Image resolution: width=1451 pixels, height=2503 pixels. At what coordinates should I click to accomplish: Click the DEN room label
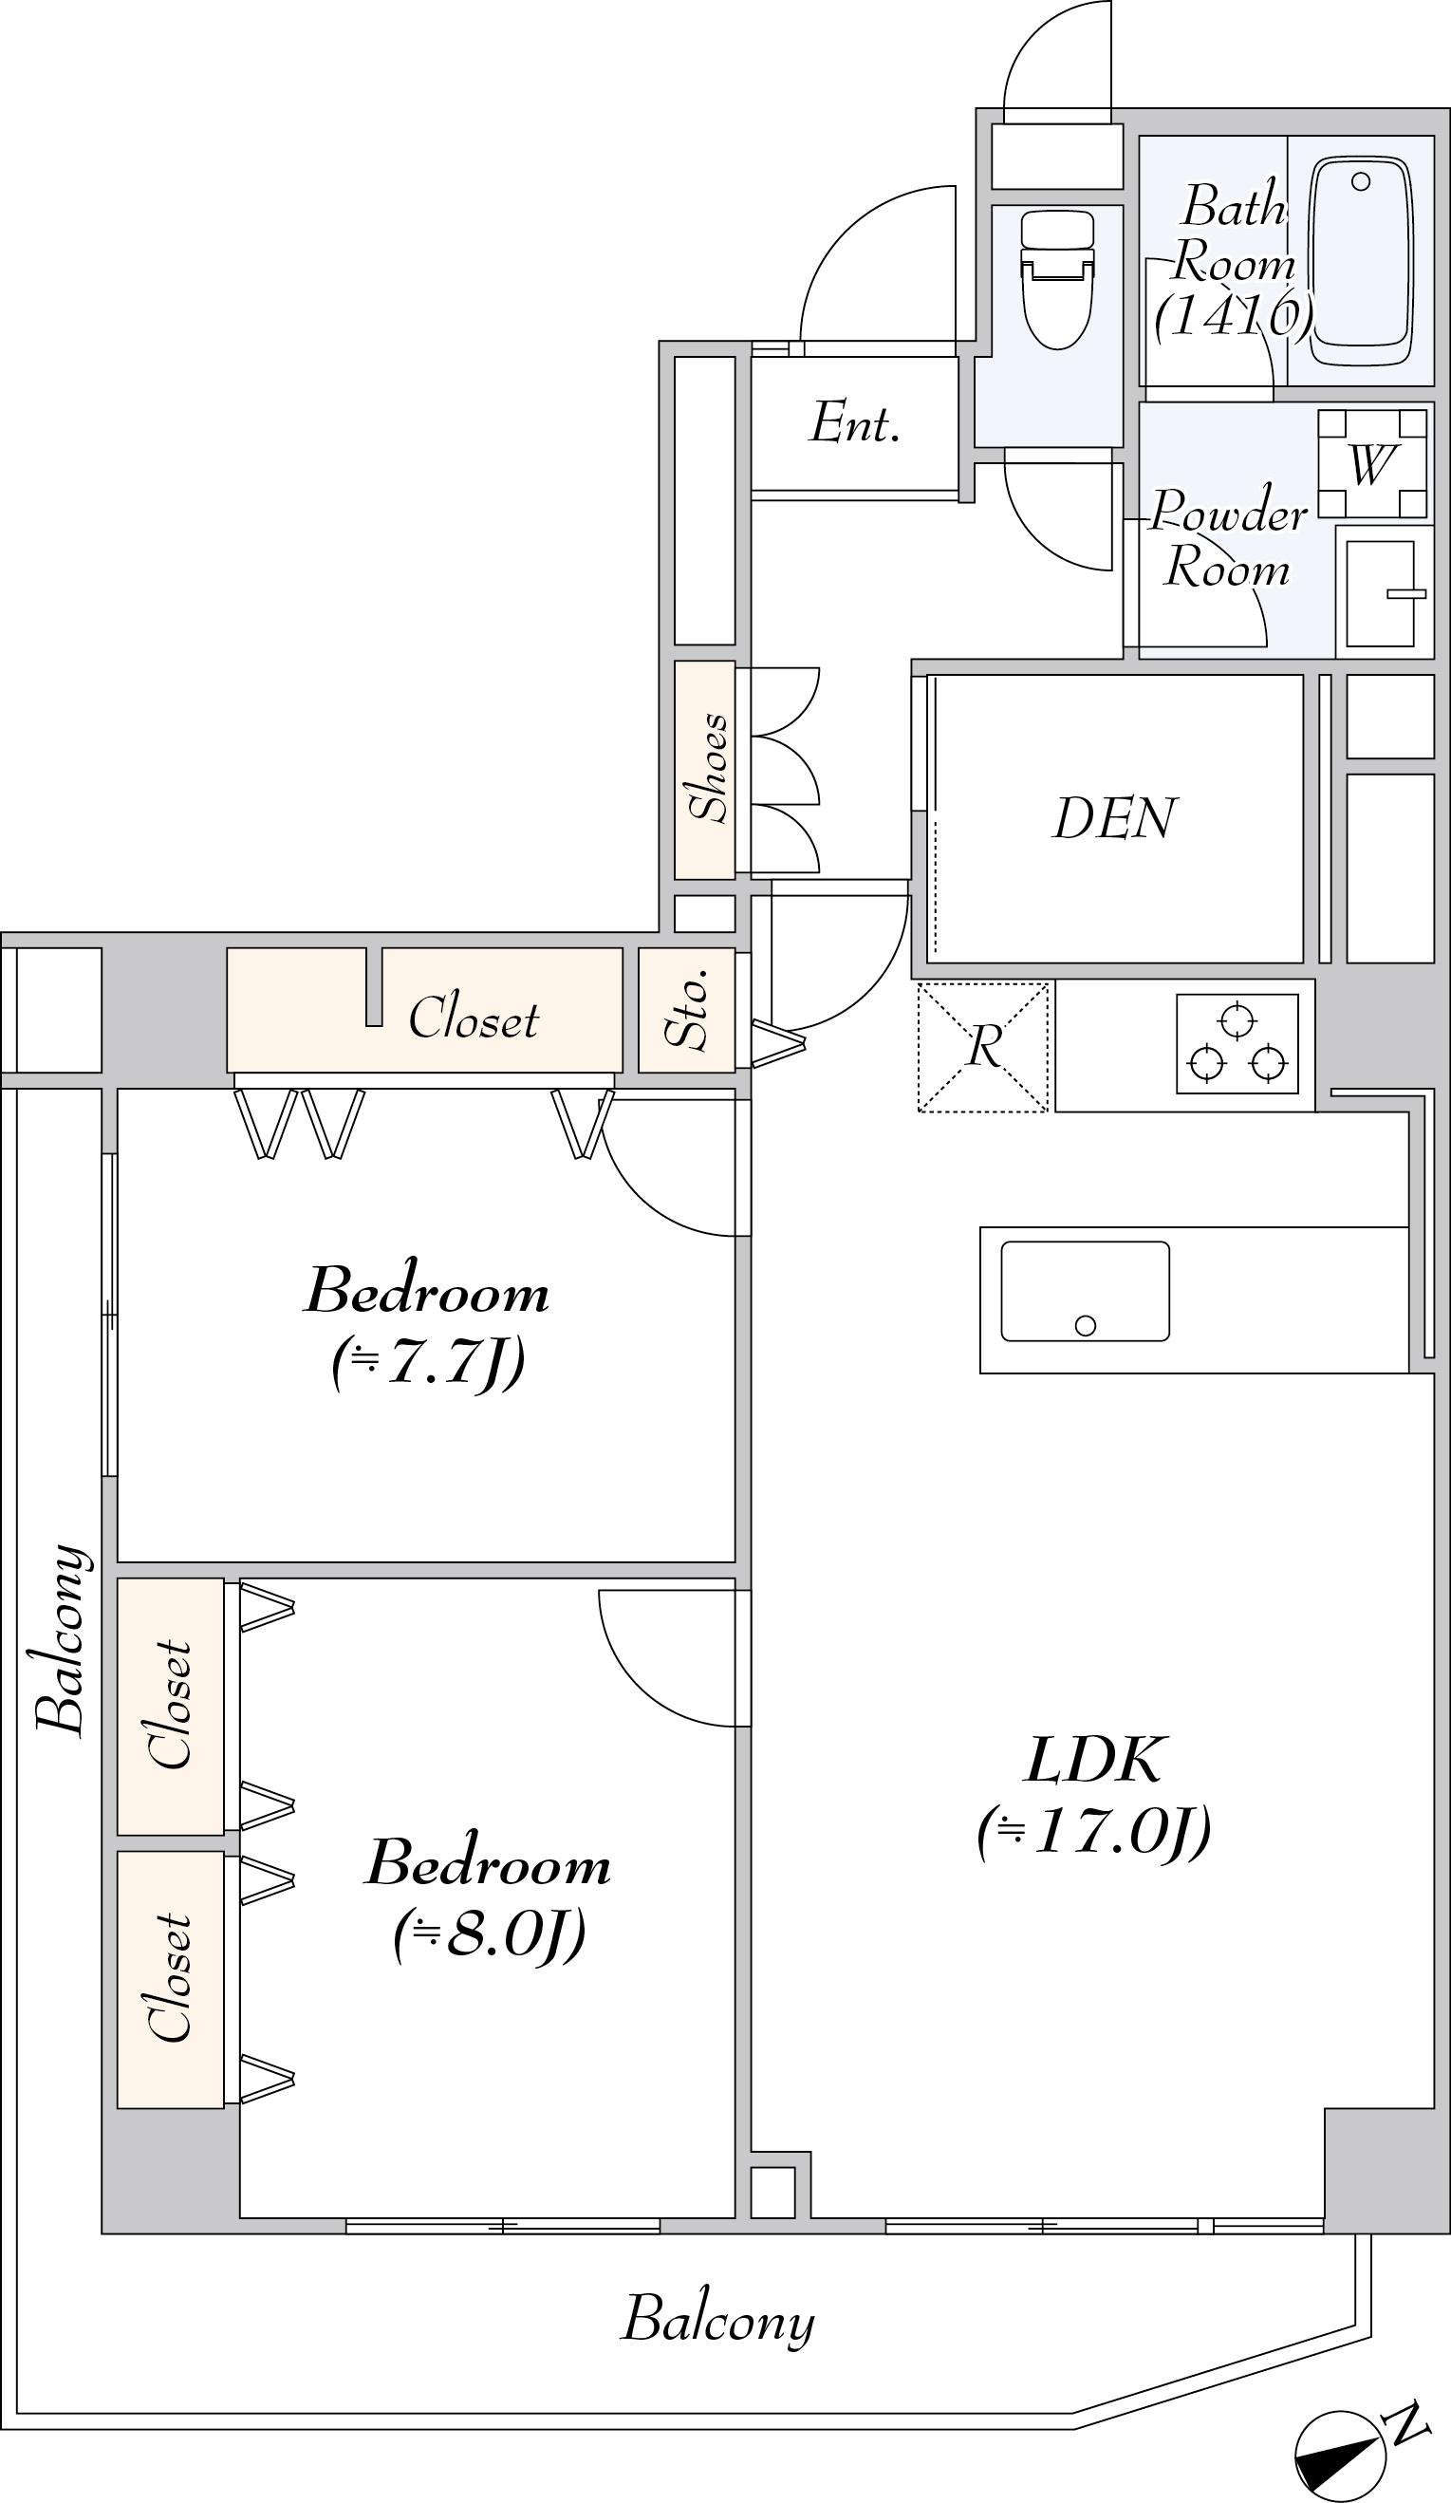click(1114, 819)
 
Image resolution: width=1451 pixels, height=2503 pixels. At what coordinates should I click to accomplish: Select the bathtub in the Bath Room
click(1362, 262)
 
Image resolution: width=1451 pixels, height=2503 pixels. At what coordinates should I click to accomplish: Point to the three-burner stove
click(1237, 1044)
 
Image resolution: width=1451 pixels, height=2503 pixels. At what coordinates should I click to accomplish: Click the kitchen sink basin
click(1085, 1291)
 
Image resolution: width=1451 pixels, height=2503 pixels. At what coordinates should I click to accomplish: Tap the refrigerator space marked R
click(983, 1046)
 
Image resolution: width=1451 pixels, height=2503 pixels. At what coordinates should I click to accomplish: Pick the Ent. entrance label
click(855, 424)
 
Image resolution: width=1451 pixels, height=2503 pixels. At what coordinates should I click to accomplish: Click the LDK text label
click(1093, 1760)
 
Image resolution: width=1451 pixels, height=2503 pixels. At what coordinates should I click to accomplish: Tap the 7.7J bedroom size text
click(429, 1365)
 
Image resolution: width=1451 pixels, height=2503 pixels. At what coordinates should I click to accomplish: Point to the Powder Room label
click(1229, 539)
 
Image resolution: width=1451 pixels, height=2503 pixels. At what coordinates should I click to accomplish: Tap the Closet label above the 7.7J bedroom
click(474, 1018)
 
